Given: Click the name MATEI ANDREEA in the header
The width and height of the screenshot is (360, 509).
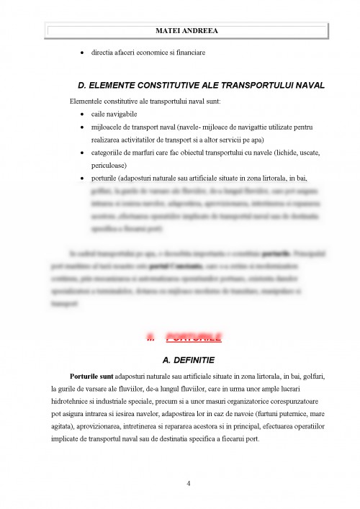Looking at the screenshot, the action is click(186, 31).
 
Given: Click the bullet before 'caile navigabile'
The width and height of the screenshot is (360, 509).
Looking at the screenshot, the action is click(84, 114).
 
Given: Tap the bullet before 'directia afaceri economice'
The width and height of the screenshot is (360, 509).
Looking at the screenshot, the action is click(84, 53).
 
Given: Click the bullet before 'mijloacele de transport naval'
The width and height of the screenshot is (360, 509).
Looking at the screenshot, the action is click(84, 127).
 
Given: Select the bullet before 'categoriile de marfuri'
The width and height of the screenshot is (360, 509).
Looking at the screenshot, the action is click(84, 153).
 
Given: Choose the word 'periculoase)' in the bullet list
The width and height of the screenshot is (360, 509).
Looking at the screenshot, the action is click(112, 165).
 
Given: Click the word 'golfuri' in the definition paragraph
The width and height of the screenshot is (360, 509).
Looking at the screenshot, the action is click(312, 377).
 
